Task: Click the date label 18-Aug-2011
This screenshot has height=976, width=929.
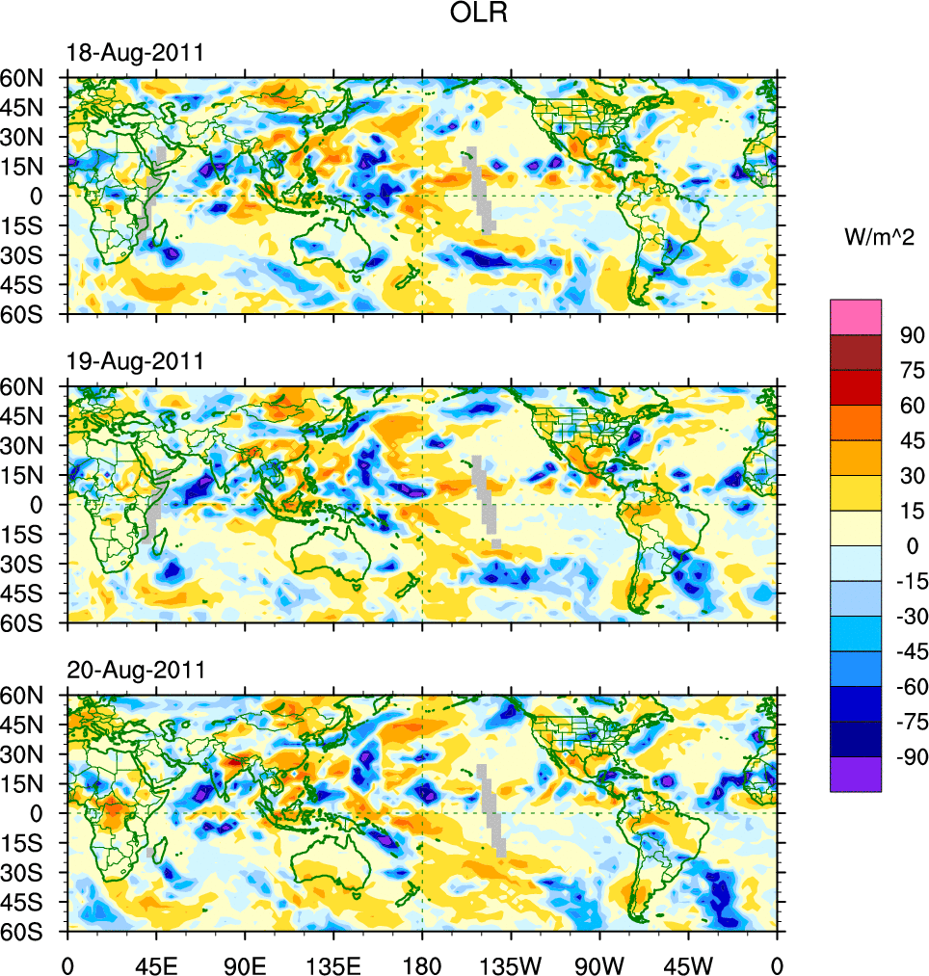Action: tap(135, 53)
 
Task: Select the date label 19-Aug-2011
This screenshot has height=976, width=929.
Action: tap(135, 361)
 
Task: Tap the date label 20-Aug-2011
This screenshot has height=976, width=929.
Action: tap(135, 670)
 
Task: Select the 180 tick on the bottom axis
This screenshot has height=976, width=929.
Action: tap(422, 963)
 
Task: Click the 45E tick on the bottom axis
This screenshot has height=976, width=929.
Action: tap(156, 963)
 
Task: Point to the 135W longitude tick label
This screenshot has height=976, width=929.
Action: tap(511, 963)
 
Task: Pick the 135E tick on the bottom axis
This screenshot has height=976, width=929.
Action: tap(333, 963)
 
